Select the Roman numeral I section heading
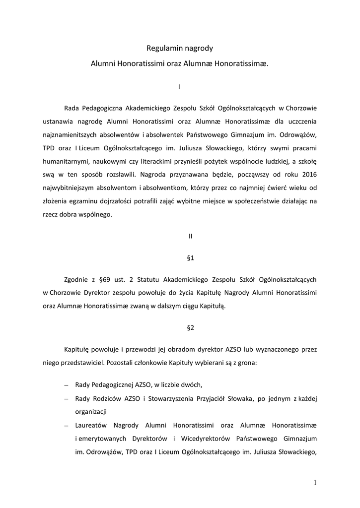coord(180,87)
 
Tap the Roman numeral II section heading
coord(190,237)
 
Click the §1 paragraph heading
coord(190,258)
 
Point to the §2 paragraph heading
coord(190,327)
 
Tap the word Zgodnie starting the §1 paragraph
coord(78,280)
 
